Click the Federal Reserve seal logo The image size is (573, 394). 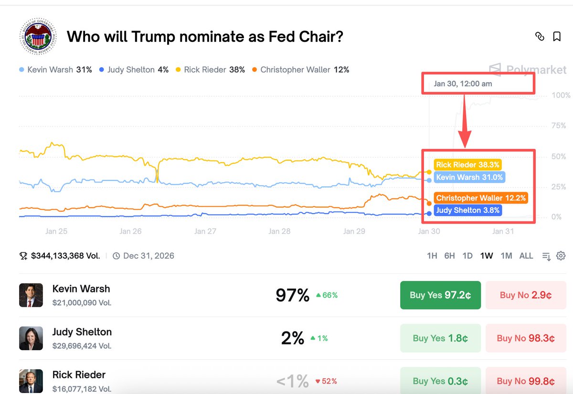[37, 37]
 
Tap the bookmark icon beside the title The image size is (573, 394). [557, 37]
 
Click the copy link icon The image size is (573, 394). [540, 37]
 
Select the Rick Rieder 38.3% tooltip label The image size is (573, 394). [468, 165]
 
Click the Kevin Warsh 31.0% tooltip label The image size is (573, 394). [469, 177]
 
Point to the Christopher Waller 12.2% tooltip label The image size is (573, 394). [481, 198]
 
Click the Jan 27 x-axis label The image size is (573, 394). [205, 231]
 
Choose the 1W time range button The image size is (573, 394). [487, 256]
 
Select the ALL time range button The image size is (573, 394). [526, 256]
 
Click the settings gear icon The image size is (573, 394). [561, 256]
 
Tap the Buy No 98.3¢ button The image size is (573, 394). [526, 338]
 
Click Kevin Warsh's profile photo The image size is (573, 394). [31, 295]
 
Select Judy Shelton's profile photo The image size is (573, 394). [31, 338]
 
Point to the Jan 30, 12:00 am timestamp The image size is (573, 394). [463, 84]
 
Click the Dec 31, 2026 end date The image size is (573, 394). [149, 256]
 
